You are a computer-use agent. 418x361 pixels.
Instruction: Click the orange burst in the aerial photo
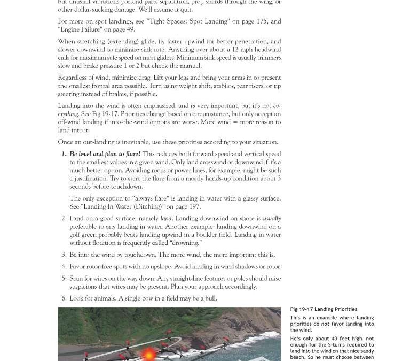click(148, 354)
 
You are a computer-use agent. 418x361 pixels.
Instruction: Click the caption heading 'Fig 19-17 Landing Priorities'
click(324, 309)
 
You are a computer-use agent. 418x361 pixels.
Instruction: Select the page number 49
click(131, 29)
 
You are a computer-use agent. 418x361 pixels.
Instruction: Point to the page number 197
click(194, 206)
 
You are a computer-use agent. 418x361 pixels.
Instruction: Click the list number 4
click(64, 266)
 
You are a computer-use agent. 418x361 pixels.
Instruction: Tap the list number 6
click(64, 298)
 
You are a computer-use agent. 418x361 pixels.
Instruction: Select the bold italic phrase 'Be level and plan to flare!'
click(105, 154)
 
